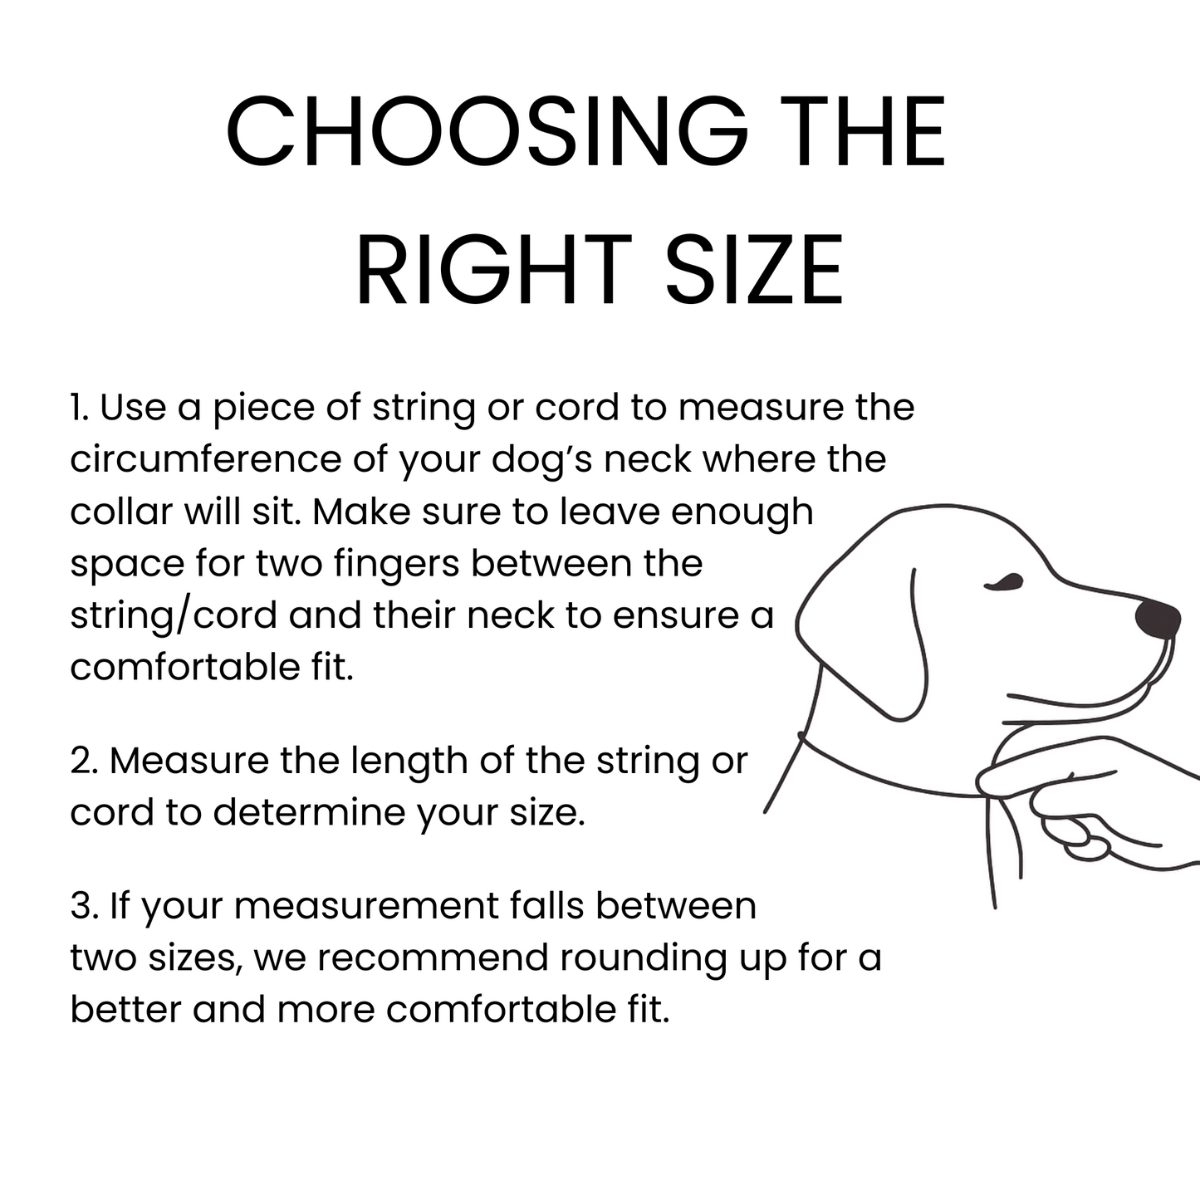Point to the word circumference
point(206,459)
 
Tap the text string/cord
point(174,616)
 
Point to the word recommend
point(433,958)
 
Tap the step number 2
point(85,762)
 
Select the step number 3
point(85,906)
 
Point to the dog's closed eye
point(1003,581)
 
